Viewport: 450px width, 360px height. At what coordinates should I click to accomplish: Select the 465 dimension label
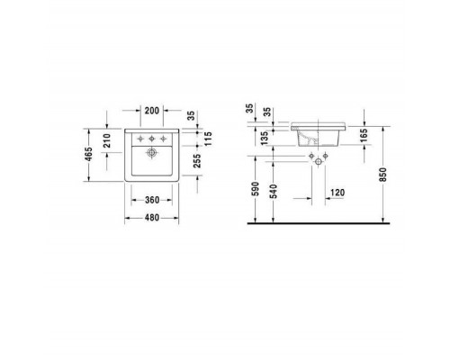pos(89,155)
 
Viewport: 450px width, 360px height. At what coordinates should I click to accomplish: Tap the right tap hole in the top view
pos(166,139)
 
